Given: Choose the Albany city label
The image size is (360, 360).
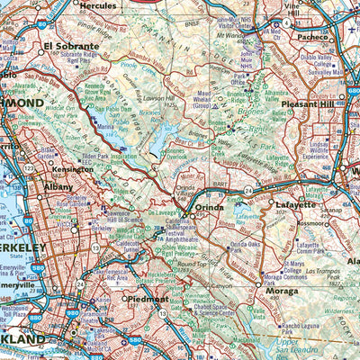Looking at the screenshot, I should (x=58, y=187).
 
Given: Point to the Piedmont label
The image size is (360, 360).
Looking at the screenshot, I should (x=148, y=299).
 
